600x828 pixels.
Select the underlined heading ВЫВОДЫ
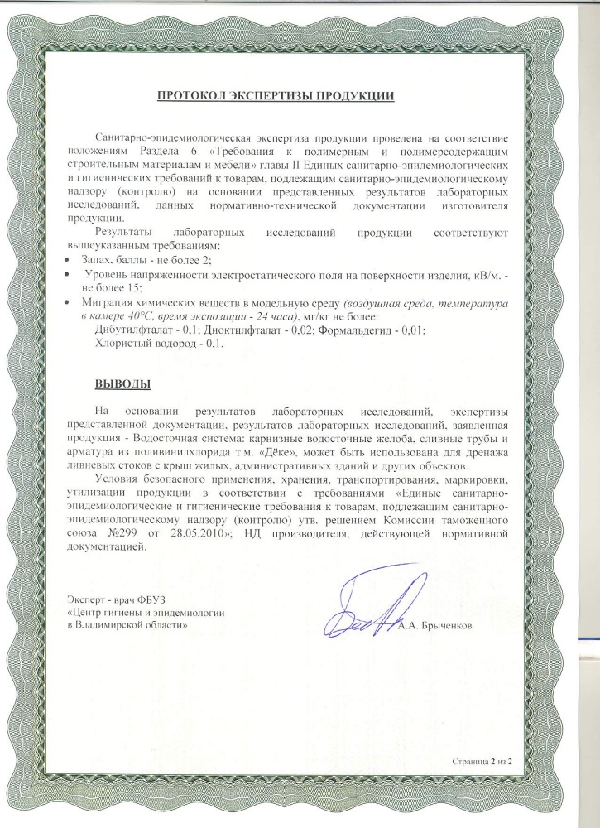pyautogui.click(x=123, y=385)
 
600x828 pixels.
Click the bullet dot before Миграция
pyautogui.click(x=69, y=304)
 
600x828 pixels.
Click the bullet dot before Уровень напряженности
pyautogui.click(x=69, y=273)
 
